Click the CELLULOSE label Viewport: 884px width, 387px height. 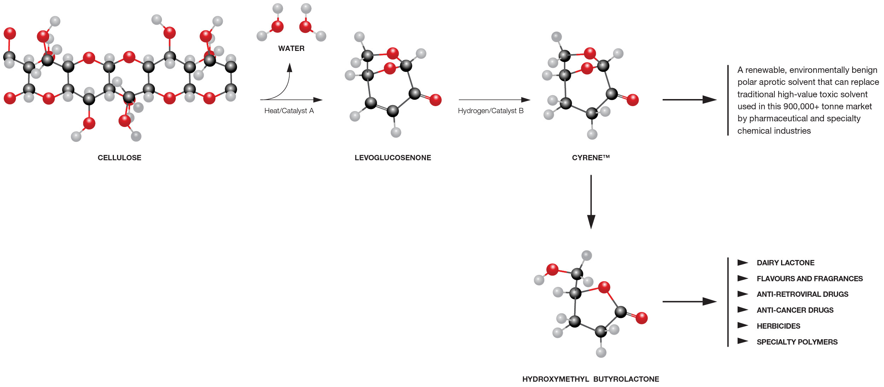[119, 158]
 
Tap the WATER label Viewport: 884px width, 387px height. [291, 48]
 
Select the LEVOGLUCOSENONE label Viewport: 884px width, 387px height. [392, 158]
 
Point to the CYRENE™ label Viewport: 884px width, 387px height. [591, 158]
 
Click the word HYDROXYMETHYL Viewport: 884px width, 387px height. [555, 379]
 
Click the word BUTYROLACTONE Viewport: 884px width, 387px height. [626, 379]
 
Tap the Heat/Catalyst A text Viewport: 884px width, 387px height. [289, 111]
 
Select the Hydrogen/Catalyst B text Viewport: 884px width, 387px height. [490, 111]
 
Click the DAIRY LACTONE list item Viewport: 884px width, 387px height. [785, 263]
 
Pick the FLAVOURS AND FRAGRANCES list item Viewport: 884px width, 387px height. [809, 279]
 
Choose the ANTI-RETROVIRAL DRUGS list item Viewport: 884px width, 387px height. [802, 294]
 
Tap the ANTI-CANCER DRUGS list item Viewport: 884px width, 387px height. [795, 310]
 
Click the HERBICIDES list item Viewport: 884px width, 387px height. [778, 326]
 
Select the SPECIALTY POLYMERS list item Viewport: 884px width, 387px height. [797, 342]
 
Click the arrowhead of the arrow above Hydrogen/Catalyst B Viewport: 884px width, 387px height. [526, 100]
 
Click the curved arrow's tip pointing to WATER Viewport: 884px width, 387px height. [290, 67]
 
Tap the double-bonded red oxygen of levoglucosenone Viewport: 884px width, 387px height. [435, 100]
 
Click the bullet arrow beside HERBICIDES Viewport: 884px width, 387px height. [743, 325]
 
